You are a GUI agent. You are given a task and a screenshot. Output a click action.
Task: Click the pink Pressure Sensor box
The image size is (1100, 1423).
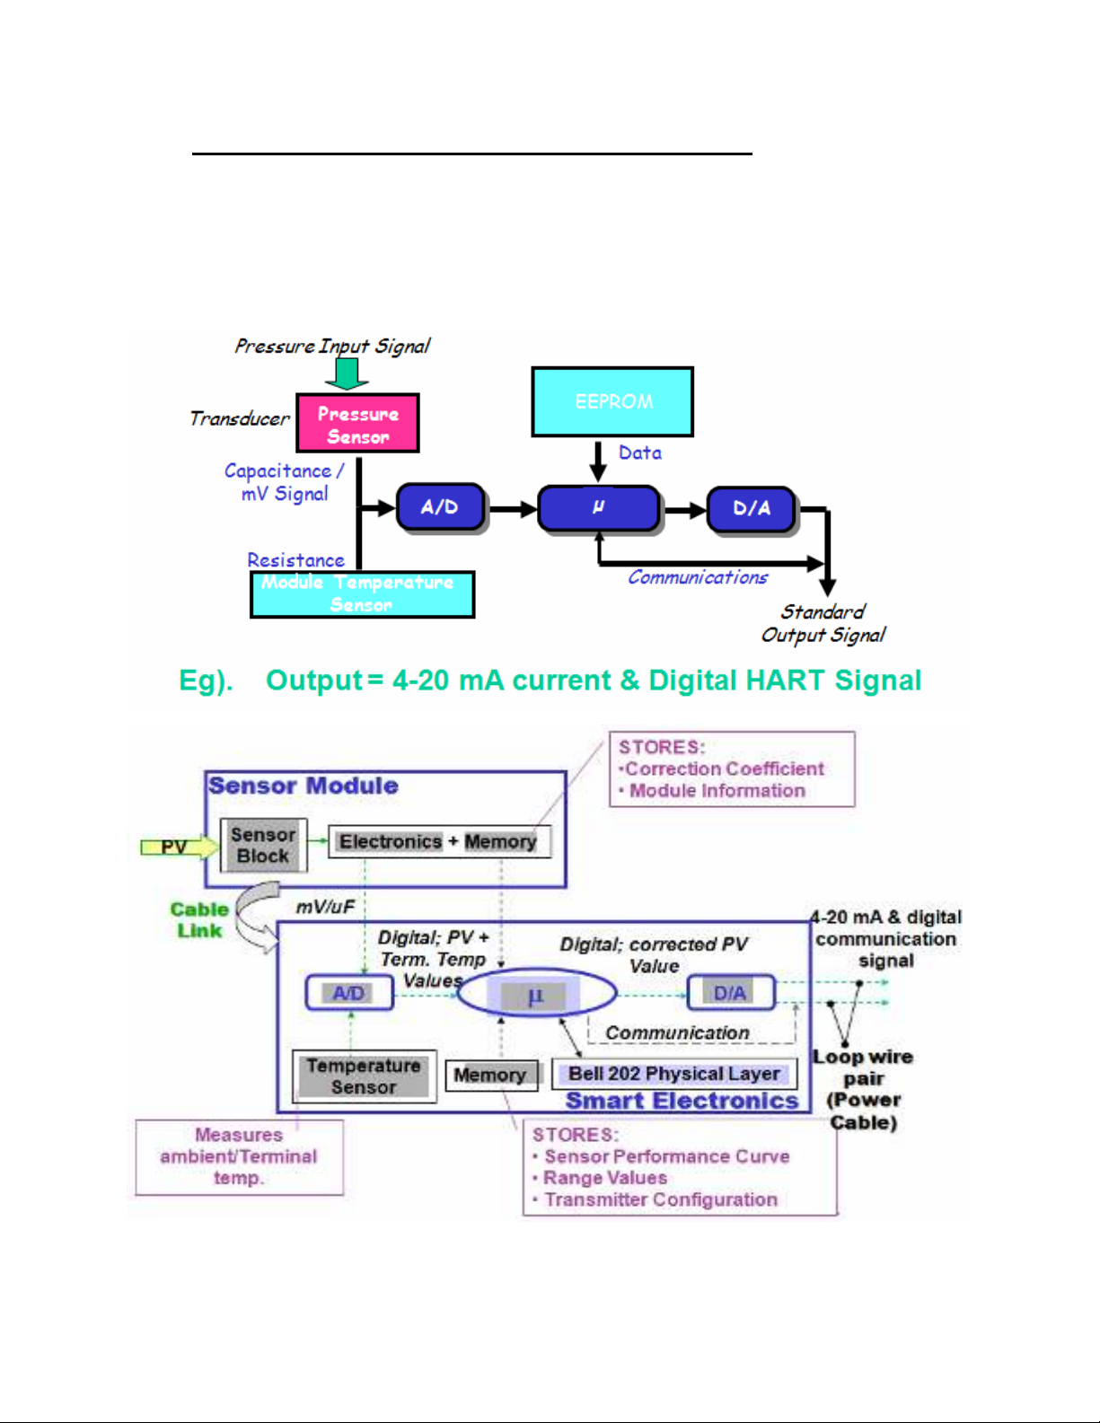[357, 424]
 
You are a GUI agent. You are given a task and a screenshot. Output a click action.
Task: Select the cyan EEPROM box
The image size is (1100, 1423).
[612, 401]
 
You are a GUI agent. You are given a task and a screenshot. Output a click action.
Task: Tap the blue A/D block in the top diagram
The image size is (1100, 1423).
[440, 507]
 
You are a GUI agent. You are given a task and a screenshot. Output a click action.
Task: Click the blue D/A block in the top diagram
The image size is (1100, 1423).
[752, 508]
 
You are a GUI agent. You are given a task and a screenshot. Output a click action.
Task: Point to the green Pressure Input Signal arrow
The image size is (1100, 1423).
[347, 373]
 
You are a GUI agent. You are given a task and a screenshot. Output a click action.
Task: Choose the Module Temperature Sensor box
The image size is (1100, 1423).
[362, 594]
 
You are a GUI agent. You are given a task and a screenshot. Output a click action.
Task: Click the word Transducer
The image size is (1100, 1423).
[239, 418]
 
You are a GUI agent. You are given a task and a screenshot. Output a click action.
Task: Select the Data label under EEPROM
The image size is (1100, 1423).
[639, 452]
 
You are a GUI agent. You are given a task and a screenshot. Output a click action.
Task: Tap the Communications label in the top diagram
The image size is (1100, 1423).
[697, 577]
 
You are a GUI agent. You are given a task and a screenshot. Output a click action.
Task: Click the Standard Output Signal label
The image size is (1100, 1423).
[823, 623]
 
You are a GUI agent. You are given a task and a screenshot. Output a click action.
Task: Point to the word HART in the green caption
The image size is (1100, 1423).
[786, 681]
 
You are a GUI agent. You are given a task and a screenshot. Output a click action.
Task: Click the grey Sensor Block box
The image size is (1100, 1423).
[263, 845]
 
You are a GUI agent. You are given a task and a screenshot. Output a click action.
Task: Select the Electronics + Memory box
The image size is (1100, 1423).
[438, 841]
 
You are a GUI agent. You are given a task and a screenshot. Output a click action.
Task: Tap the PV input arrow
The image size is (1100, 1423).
[178, 847]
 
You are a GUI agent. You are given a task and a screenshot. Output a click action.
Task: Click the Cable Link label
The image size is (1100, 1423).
[199, 919]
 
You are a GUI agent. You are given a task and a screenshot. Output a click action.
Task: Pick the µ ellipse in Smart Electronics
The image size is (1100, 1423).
[536, 994]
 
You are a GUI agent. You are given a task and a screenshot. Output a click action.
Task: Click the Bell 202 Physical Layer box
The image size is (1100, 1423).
[673, 1074]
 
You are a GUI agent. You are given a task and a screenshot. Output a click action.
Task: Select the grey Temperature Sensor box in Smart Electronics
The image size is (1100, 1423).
[364, 1076]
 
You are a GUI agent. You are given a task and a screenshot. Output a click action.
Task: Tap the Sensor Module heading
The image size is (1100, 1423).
[304, 786]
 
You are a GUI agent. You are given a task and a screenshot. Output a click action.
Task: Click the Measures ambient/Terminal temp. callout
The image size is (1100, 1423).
[239, 1156]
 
